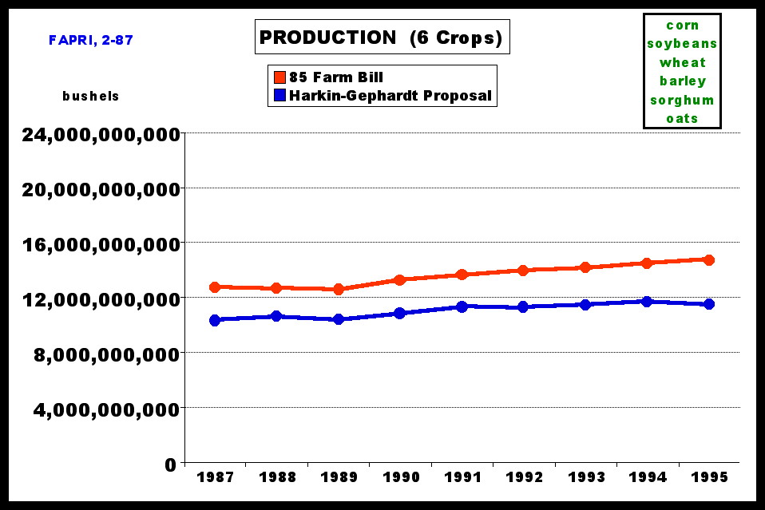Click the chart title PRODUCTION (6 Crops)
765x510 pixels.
pyautogui.click(x=381, y=38)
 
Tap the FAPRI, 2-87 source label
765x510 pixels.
pyautogui.click(x=90, y=40)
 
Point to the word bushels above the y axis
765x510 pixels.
pyautogui.click(x=91, y=96)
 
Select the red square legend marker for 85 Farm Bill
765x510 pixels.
pyautogui.click(x=279, y=77)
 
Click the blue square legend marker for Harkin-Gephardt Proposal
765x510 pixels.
pyautogui.click(x=279, y=97)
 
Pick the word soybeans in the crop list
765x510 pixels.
pyautogui.click(x=682, y=44)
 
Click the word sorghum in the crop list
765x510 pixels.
pyautogui.click(x=682, y=100)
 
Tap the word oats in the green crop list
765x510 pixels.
pyautogui.click(x=682, y=119)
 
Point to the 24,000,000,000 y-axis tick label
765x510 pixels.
pyautogui.click(x=100, y=134)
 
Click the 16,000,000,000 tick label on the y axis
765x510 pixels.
pyautogui.click(x=100, y=243)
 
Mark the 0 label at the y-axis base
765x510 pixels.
pyautogui.click(x=170, y=464)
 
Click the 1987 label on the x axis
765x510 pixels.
pyautogui.click(x=215, y=477)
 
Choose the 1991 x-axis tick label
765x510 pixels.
pyautogui.click(x=462, y=477)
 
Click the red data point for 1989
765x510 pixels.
pyautogui.click(x=339, y=289)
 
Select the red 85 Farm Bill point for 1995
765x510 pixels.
pyautogui.click(x=709, y=259)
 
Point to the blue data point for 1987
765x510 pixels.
pyautogui.click(x=215, y=320)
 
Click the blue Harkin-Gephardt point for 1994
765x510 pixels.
pyautogui.click(x=647, y=302)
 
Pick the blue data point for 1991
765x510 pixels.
pyautogui.click(x=462, y=306)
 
